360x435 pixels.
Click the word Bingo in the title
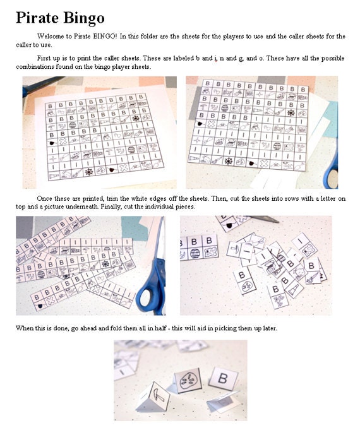[x=83, y=18]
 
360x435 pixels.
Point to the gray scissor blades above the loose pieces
[x=265, y=220]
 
